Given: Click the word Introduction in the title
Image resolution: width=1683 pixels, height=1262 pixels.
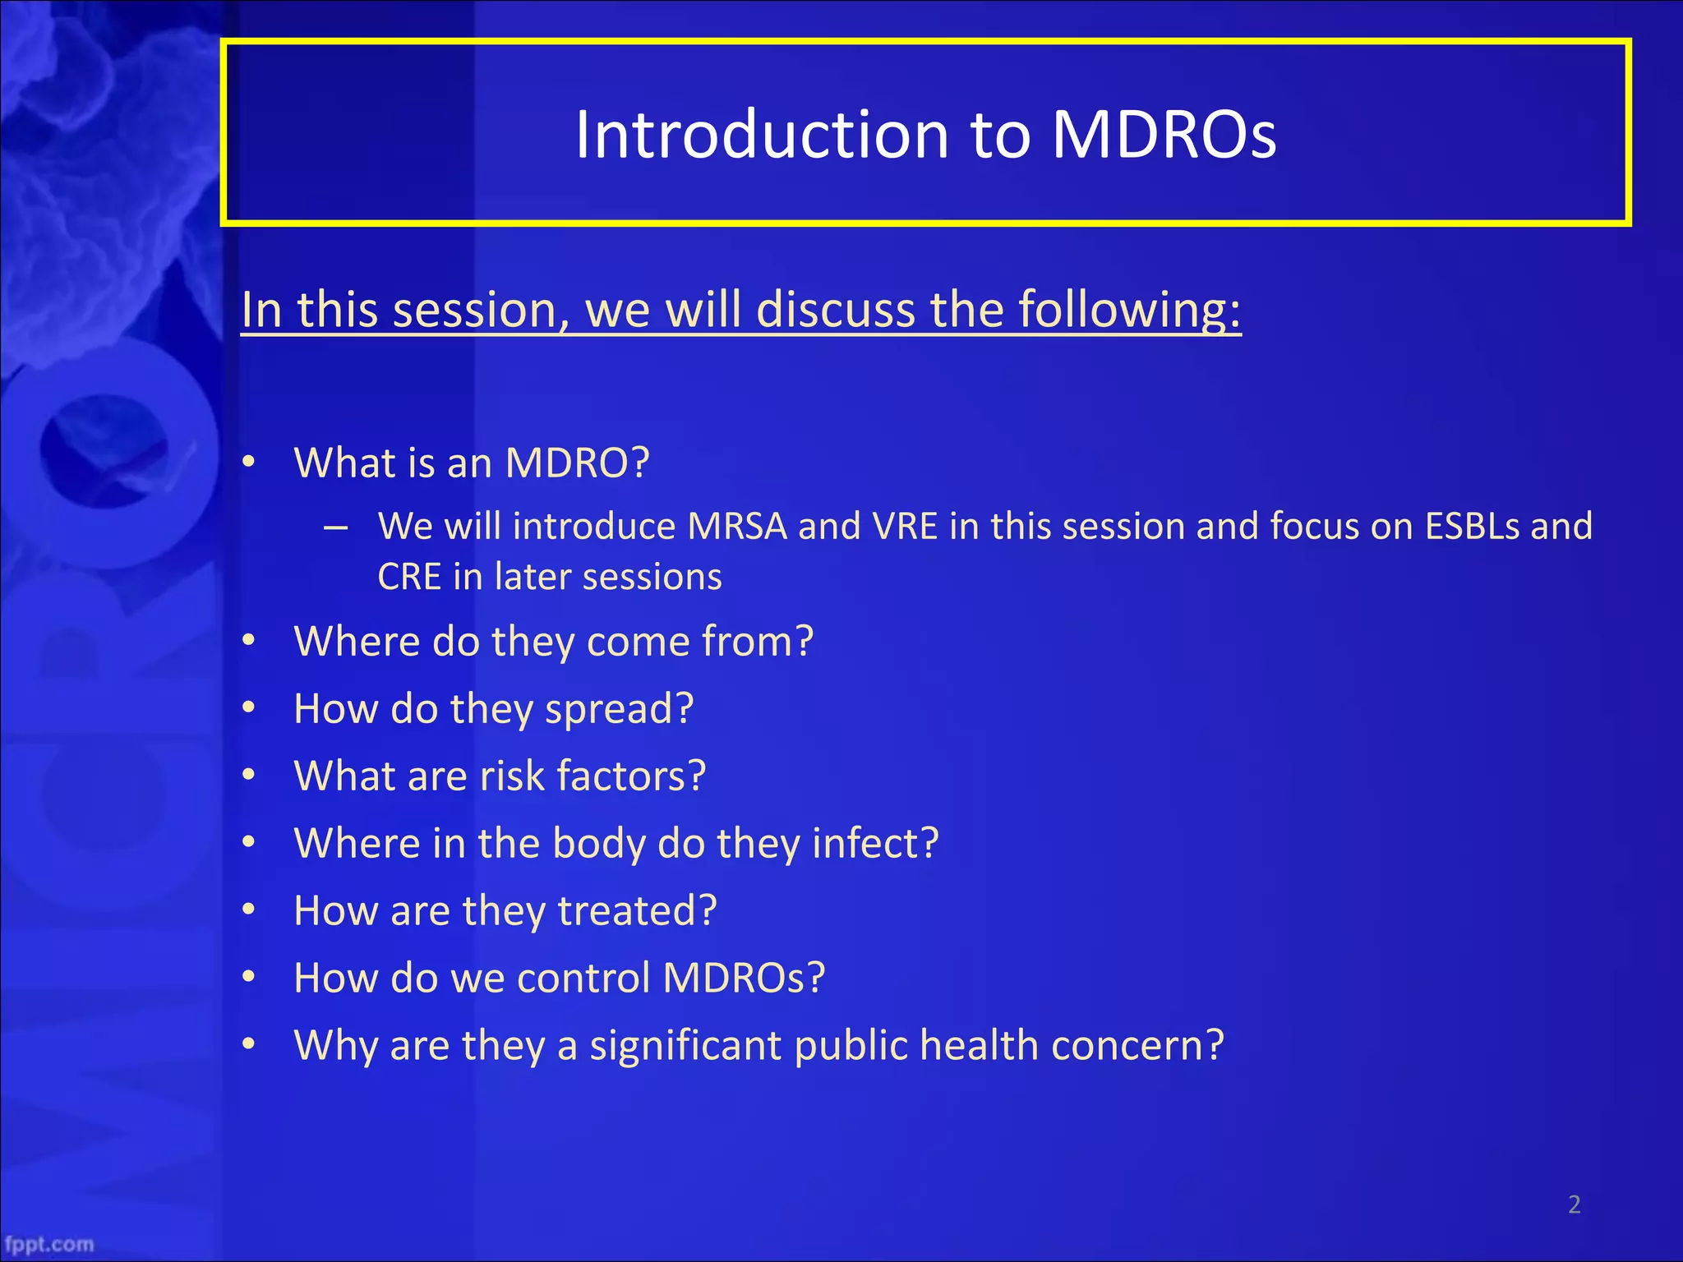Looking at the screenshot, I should [762, 135].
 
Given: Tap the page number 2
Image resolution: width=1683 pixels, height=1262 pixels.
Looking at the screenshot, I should [1574, 1204].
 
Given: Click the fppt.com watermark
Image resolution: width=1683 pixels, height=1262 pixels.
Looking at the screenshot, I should [49, 1244].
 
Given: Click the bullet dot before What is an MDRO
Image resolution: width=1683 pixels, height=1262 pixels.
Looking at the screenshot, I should [250, 463].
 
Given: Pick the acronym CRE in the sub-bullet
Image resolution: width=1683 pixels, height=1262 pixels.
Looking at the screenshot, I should [409, 577].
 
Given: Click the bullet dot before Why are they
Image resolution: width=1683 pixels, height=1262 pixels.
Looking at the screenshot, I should [250, 1045].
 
